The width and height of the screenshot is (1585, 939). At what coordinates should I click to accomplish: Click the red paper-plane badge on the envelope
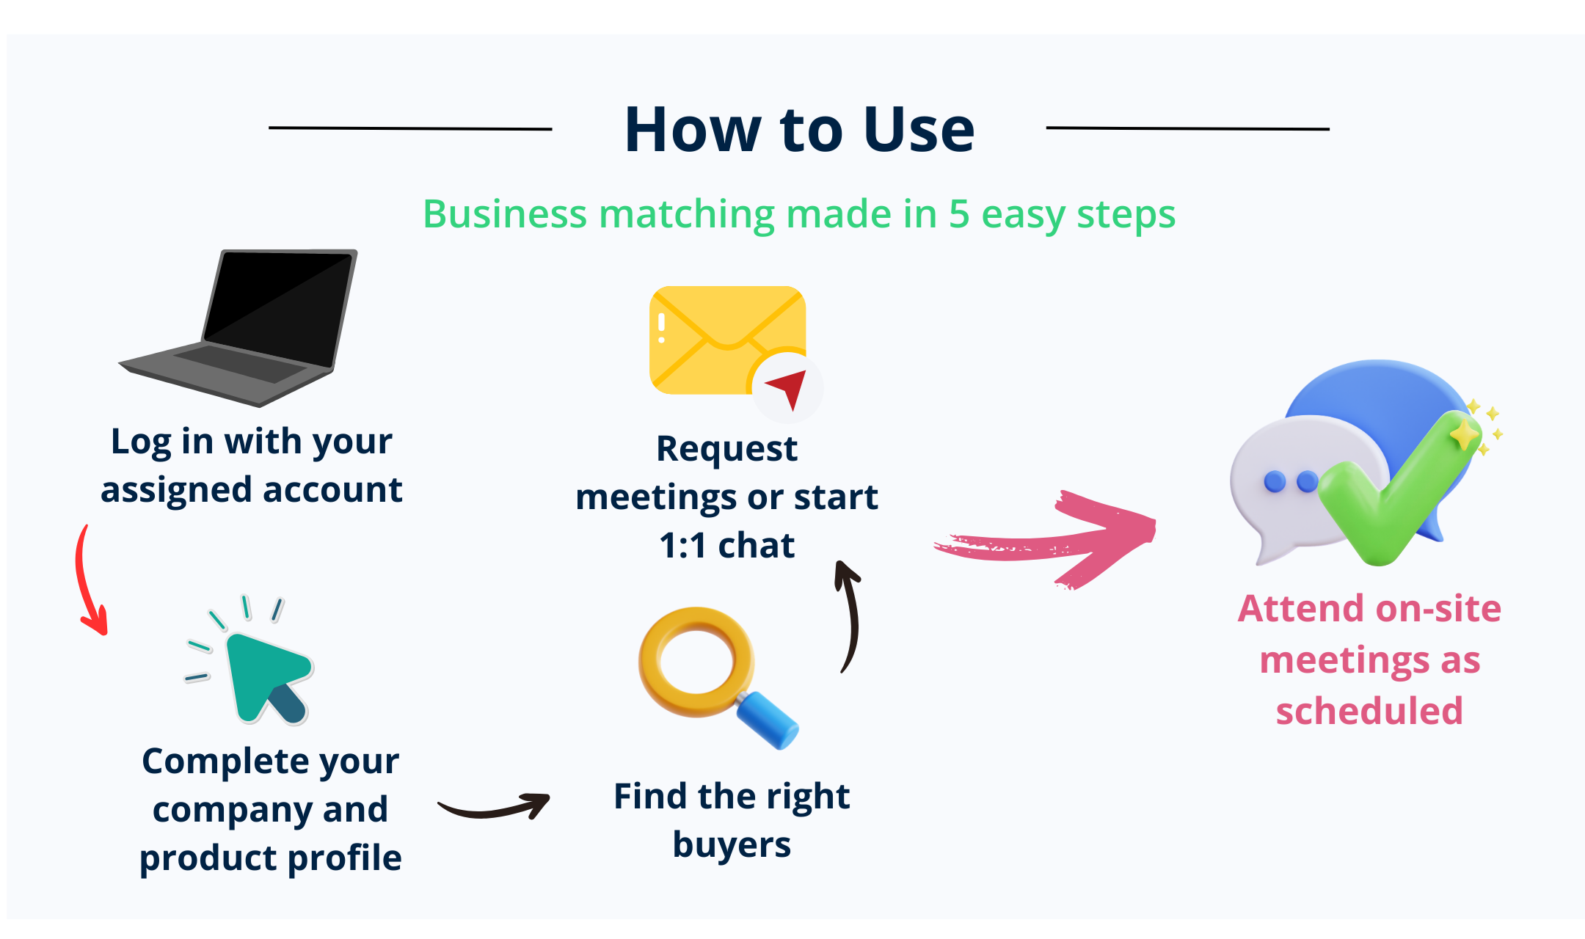coord(787,387)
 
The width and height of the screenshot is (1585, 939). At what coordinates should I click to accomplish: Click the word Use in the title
coord(919,130)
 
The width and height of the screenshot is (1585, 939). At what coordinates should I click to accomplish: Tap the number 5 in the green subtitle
coord(960,214)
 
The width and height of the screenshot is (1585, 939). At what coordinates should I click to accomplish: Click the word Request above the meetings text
coord(726,449)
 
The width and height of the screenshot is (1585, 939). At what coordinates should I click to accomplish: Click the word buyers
coord(732,844)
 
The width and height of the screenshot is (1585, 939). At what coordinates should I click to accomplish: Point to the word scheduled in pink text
coord(1369,711)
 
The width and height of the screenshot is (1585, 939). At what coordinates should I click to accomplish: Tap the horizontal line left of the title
coord(410,128)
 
